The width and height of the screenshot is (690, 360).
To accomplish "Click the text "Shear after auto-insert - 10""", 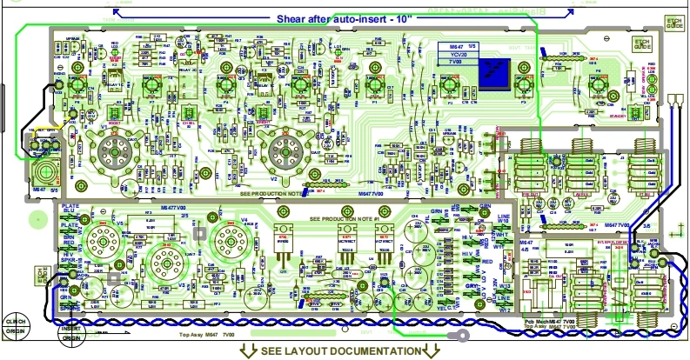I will [341, 17].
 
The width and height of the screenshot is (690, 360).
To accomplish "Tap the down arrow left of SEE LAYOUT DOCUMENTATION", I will [247, 350].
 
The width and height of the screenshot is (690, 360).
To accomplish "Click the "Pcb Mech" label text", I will [539, 321].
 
